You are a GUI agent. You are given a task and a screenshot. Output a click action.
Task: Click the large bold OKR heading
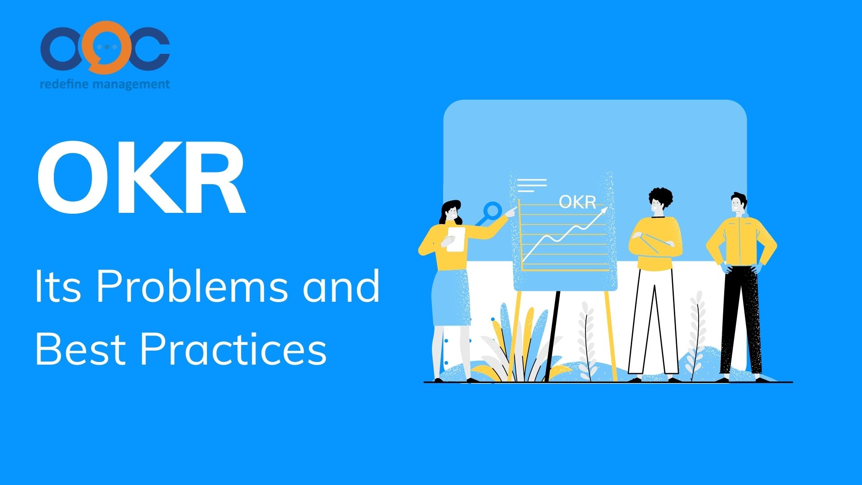pyautogui.click(x=141, y=178)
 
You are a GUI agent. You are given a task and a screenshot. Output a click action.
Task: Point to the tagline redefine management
pyautogui.click(x=105, y=84)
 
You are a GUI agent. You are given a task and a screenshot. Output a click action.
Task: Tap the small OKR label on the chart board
pyautogui.click(x=577, y=202)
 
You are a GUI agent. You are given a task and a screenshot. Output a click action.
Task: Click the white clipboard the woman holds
pyautogui.click(x=456, y=239)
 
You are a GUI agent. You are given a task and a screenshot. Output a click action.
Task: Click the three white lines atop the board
pyautogui.click(x=532, y=185)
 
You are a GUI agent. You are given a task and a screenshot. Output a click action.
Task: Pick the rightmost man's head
pyautogui.click(x=738, y=204)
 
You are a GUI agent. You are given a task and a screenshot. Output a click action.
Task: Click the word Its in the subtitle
pyautogui.click(x=58, y=286)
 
